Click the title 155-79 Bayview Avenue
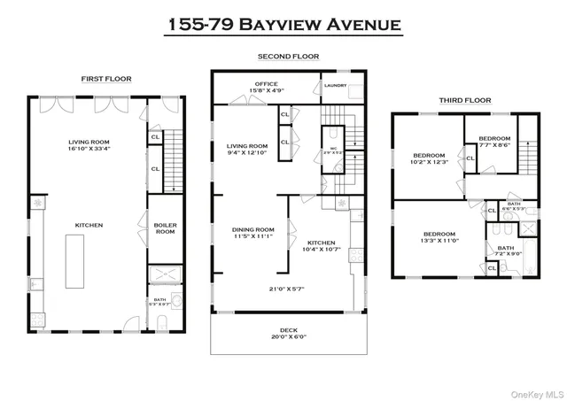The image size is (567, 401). (283, 23)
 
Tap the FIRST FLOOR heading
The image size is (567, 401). (106, 79)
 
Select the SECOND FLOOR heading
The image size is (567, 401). (288, 57)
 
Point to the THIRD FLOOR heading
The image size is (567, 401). (465, 100)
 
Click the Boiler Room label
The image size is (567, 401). (165, 228)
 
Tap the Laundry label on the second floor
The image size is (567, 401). (335, 86)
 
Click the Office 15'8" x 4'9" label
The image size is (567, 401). (267, 88)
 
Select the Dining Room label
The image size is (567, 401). (253, 233)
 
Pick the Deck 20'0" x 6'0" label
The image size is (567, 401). (283, 334)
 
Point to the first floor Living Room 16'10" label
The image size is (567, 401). (89, 145)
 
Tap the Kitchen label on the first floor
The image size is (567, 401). (89, 225)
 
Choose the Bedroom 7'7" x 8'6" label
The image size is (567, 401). (494, 142)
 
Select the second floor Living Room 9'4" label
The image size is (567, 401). (247, 150)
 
